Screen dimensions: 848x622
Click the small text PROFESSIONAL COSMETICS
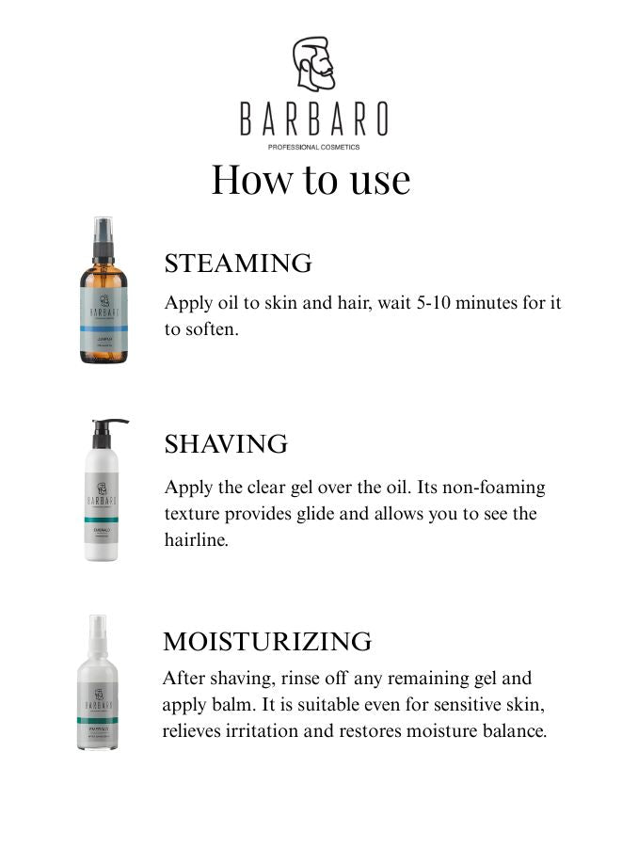click(312, 147)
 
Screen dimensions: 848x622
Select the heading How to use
click(311, 179)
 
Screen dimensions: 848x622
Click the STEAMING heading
click(238, 264)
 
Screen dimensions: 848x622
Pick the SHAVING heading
click(226, 444)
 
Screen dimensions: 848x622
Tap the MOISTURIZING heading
click(267, 642)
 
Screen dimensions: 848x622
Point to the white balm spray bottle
click(98, 696)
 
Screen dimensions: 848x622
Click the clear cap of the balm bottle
click(98, 635)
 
